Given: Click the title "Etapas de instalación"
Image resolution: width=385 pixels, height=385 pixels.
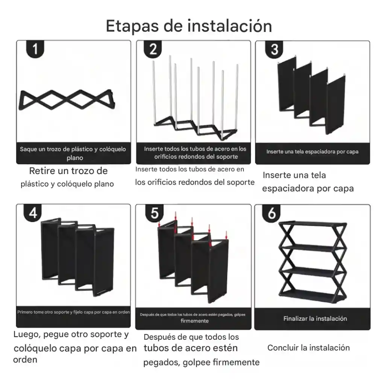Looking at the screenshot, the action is [x=189, y=26].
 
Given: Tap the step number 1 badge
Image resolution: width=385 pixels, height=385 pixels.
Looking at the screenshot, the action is [x=35, y=49].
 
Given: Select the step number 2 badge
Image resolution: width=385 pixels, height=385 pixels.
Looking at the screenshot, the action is [x=153, y=49].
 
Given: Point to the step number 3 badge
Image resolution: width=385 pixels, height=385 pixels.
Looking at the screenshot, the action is [x=274, y=49].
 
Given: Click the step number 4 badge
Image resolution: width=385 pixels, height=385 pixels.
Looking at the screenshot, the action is [x=33, y=213].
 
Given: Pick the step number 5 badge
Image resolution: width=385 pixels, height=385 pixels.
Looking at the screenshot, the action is [x=154, y=213].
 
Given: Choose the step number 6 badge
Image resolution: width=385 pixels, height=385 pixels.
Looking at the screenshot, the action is [x=271, y=213].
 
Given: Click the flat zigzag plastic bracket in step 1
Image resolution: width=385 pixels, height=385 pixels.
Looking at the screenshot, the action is [x=67, y=100].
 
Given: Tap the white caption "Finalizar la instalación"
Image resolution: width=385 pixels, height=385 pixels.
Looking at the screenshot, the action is [x=315, y=319].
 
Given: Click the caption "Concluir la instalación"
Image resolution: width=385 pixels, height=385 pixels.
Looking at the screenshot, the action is [x=308, y=348].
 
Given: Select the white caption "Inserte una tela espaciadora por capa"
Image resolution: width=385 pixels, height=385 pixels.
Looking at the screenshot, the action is [x=312, y=152].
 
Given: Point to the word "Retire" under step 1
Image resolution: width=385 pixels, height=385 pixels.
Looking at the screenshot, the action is [x=42, y=171].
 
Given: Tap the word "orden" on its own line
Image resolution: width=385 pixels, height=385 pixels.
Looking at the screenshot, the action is [x=25, y=360].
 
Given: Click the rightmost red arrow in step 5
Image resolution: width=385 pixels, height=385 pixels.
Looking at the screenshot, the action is [x=226, y=235].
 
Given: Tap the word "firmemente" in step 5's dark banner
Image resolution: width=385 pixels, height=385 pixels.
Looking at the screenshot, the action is [x=194, y=321].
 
